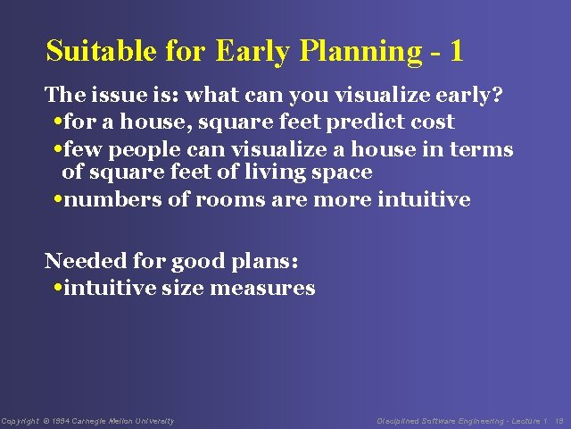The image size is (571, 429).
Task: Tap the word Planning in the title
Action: click(356, 52)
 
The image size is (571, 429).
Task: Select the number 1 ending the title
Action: click(457, 51)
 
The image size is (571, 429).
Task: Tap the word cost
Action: click(433, 122)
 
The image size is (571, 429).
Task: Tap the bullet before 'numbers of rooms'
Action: click(57, 199)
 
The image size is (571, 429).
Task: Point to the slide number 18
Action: click(559, 421)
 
